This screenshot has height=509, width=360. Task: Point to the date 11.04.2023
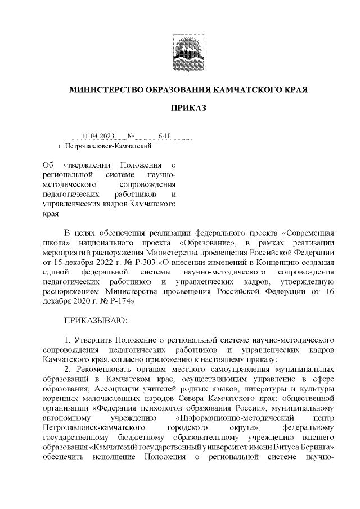coord(98,136)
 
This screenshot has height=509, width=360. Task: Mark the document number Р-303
coord(127,262)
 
